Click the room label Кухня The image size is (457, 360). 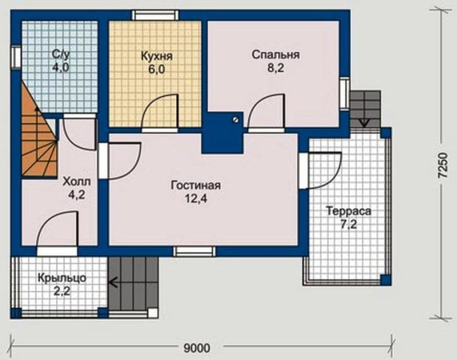[157, 56]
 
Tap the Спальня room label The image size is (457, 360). [276, 55]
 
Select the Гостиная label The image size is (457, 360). [196, 185]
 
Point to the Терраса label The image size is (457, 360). [349, 211]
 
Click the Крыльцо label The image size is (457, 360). [62, 278]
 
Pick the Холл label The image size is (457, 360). [77, 182]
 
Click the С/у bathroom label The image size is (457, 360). [61, 54]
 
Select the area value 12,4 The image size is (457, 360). [196, 199]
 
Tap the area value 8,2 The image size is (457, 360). [276, 68]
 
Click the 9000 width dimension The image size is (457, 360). [197, 348]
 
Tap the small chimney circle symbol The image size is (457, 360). [235, 119]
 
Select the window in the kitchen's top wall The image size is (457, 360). [155, 15]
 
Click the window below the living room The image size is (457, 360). [195, 251]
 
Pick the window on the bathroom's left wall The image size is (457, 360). [16, 57]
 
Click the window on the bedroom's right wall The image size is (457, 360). [345, 94]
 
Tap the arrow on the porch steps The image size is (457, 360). [113, 282]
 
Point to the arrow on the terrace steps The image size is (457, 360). [363, 122]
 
